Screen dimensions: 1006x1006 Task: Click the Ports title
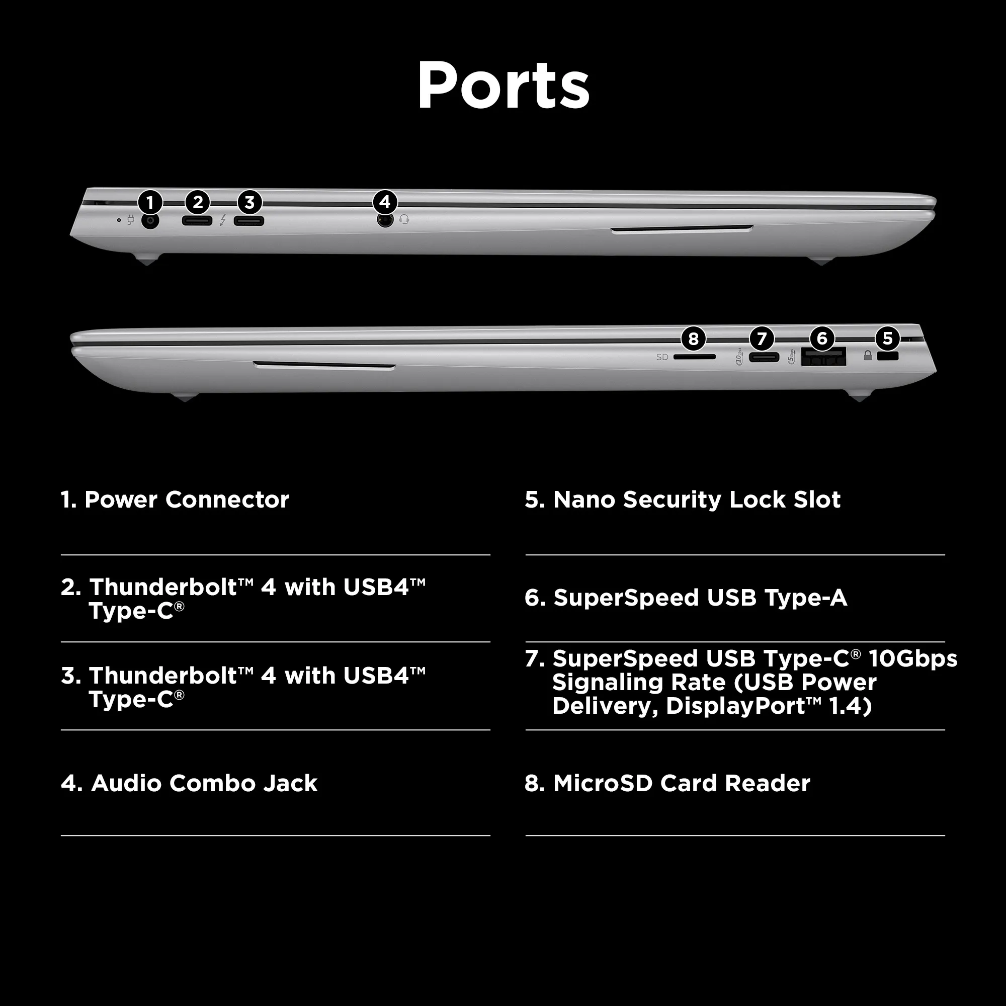point(503,85)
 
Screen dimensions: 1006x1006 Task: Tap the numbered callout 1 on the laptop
point(150,202)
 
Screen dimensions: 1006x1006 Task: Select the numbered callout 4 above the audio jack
point(385,202)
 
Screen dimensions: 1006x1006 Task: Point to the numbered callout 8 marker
point(693,339)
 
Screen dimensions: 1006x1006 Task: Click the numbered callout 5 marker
point(888,339)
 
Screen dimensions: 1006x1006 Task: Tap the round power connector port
point(150,221)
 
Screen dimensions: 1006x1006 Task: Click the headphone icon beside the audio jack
point(404,220)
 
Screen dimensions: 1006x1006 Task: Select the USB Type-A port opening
point(823,357)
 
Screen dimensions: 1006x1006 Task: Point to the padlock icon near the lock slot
point(868,356)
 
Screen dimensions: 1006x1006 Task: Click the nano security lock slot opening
point(888,357)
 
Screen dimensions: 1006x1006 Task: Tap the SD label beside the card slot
point(662,357)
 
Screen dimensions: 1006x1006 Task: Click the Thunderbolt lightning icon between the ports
point(223,220)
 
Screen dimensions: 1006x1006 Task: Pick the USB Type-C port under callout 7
point(764,357)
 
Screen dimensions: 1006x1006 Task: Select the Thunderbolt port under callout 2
point(197,221)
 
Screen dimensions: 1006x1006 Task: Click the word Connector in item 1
point(227,500)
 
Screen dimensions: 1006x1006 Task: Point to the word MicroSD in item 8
point(603,784)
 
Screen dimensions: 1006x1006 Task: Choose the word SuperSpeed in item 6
point(626,598)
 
